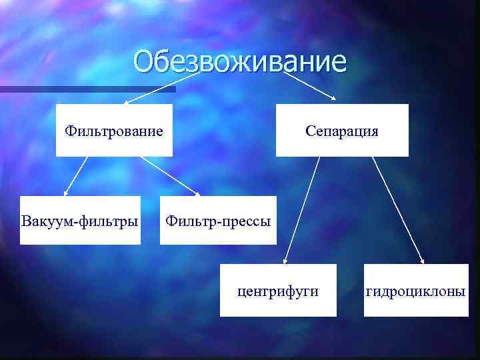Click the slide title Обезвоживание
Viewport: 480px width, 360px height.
click(240, 61)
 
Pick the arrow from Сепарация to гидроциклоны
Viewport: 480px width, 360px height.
click(399, 210)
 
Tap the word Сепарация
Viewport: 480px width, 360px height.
click(342, 131)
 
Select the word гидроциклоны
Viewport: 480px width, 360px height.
click(415, 291)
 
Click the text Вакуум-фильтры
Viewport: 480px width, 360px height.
click(80, 220)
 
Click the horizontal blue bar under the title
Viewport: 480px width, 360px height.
click(87, 89)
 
